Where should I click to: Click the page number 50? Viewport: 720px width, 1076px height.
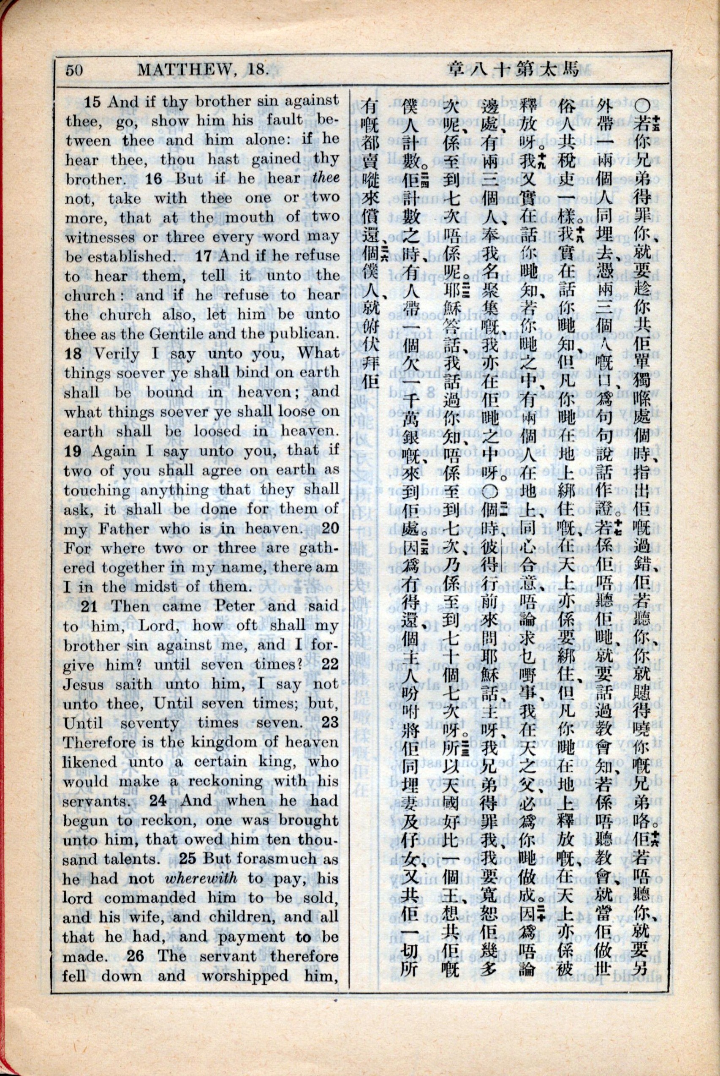(73, 70)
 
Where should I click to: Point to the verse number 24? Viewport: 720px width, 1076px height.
(158, 800)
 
